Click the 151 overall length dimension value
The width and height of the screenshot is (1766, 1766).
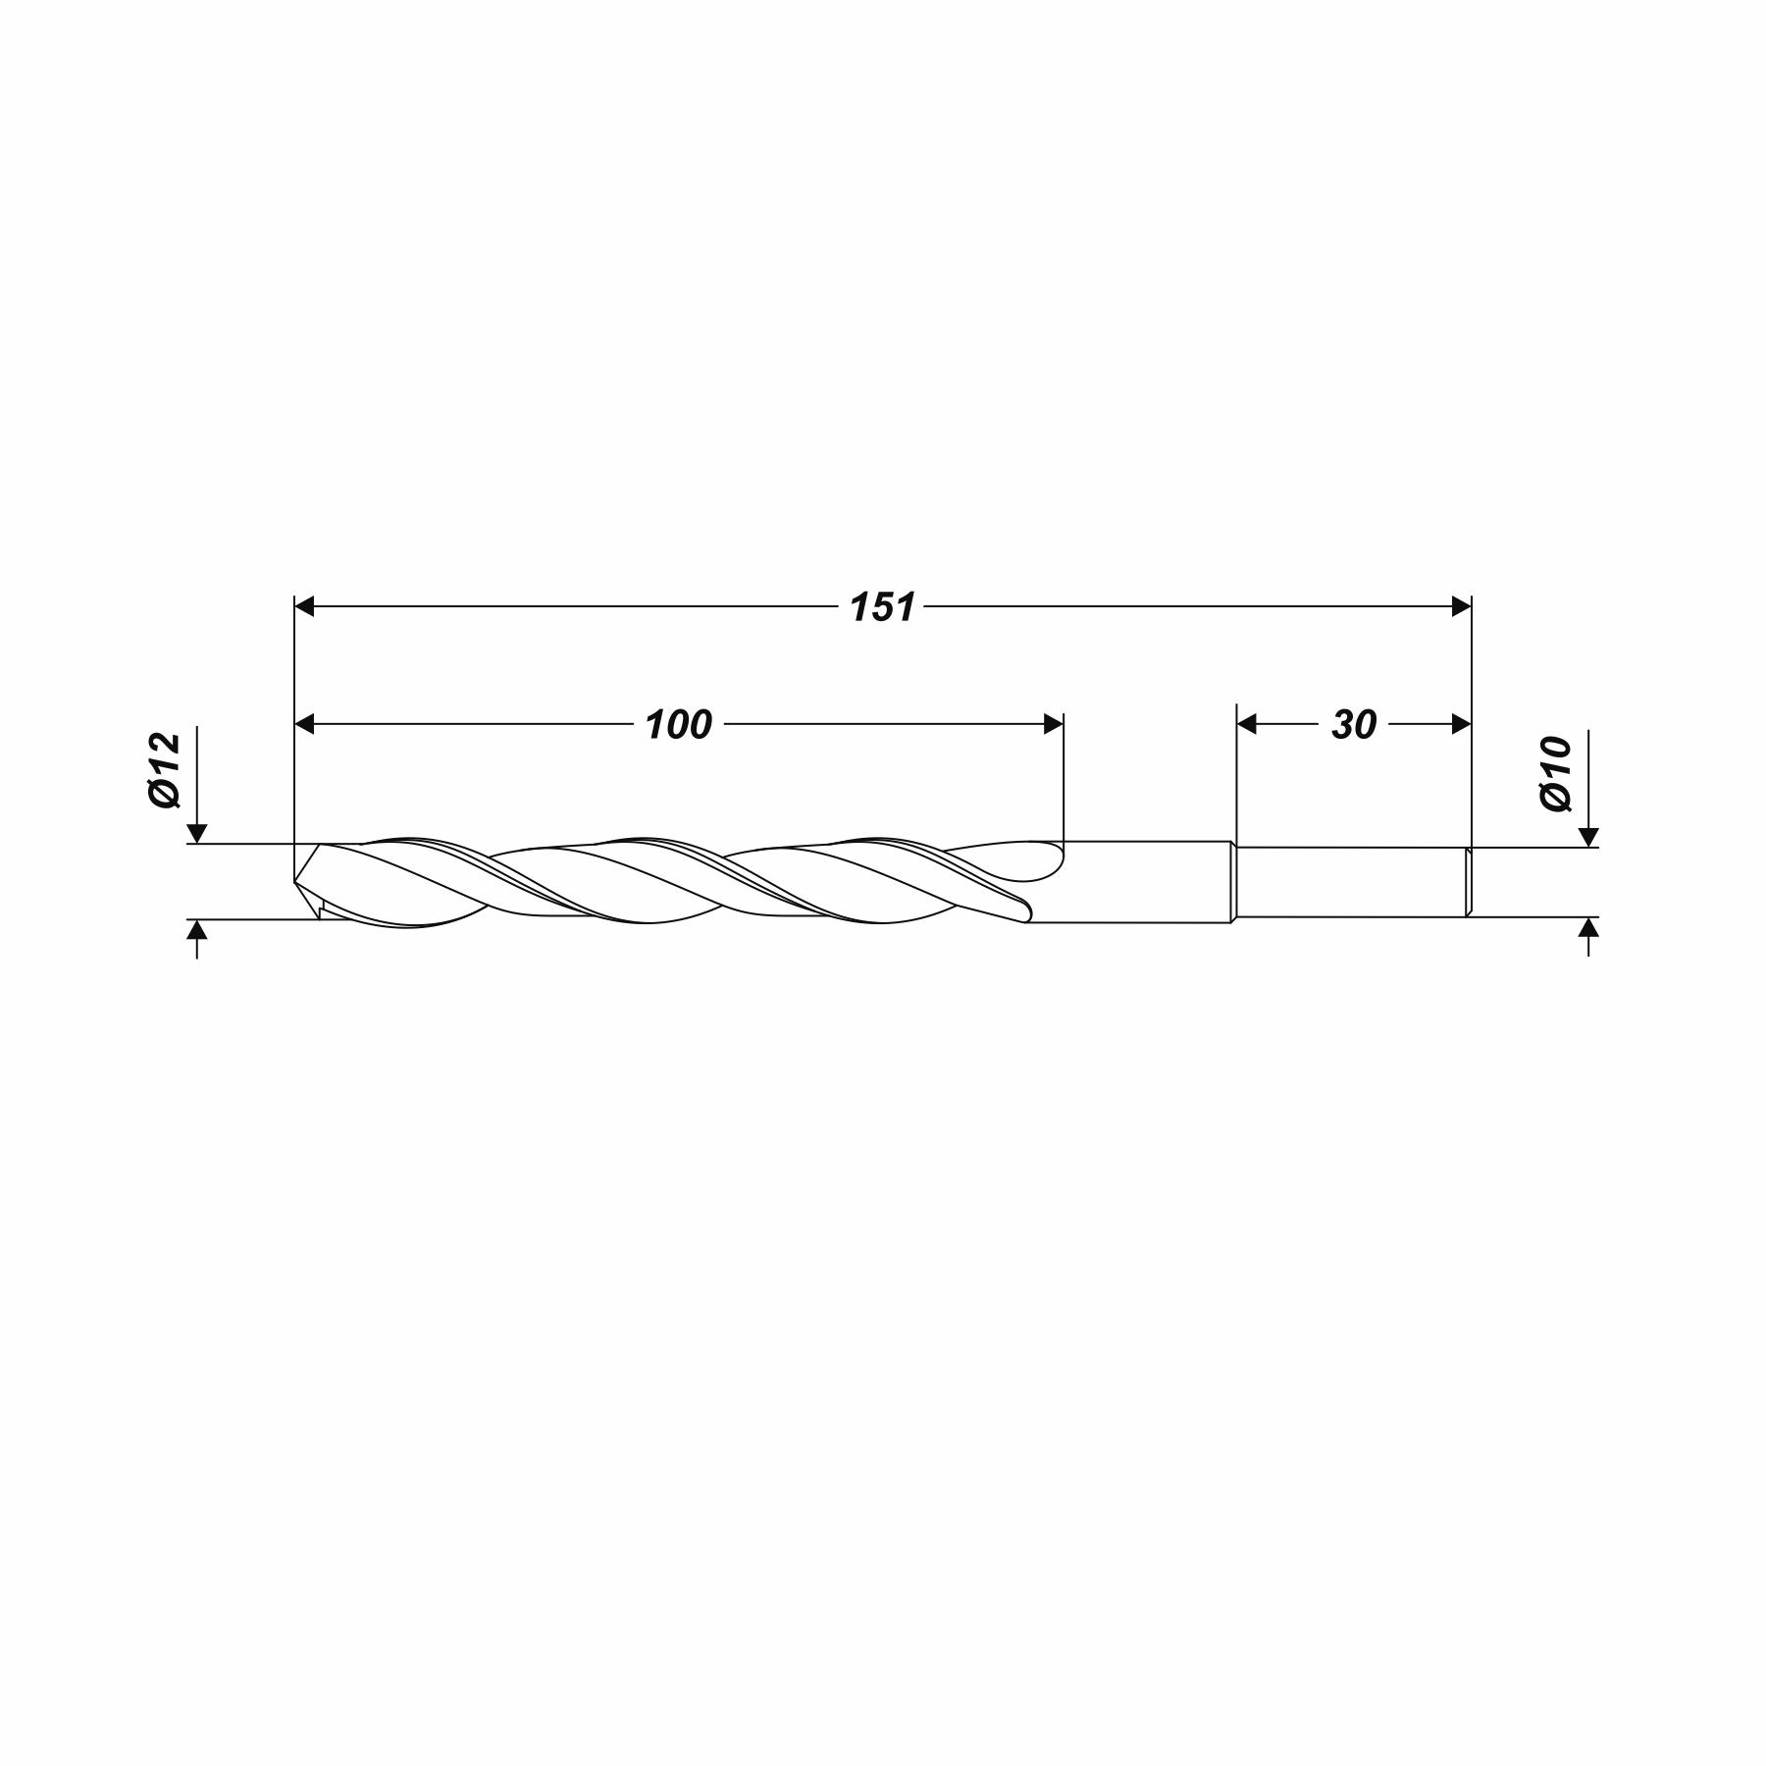point(882,607)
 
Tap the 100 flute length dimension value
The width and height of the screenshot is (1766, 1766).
point(678,725)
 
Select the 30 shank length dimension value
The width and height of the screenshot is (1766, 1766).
point(1354,725)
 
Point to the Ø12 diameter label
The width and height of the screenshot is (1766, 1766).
point(165,769)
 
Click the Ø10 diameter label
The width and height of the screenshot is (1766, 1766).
point(1556,774)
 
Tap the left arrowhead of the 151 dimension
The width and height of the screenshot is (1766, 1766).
point(304,607)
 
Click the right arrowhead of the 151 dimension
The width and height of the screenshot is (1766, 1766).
point(1462,607)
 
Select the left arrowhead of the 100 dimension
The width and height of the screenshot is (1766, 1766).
point(304,725)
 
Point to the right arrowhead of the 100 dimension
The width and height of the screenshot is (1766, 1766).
point(1054,725)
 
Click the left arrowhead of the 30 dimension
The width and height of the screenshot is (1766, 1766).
point(1247,725)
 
